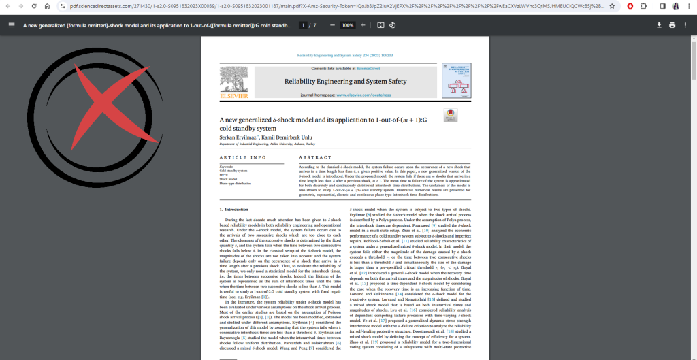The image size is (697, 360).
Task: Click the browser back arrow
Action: (7, 6)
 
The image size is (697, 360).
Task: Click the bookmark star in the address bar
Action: (612, 6)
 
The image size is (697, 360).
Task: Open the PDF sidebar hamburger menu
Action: (11, 25)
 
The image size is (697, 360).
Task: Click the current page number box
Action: (303, 25)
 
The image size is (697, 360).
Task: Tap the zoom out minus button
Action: (331, 25)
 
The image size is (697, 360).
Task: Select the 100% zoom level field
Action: (347, 25)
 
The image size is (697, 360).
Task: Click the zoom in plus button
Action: (363, 25)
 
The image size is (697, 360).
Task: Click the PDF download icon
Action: (659, 25)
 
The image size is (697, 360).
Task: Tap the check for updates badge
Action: (450, 116)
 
